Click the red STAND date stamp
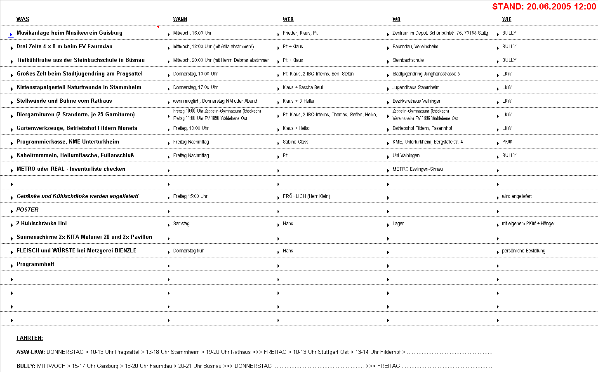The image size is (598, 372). (544, 7)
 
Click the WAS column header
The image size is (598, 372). (23, 19)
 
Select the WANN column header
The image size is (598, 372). (180, 19)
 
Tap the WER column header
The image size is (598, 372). (288, 19)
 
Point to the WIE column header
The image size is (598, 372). (507, 19)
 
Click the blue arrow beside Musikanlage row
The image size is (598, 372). (11, 35)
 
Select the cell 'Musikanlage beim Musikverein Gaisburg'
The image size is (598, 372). (69, 33)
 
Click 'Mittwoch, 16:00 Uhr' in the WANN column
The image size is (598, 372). (192, 33)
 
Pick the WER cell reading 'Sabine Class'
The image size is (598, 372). (295, 142)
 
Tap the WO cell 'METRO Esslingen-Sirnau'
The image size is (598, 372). (417, 169)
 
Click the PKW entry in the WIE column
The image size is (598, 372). (507, 142)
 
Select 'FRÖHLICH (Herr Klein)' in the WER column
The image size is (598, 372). (306, 196)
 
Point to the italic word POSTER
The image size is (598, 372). (27, 210)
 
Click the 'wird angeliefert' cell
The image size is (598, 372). (517, 196)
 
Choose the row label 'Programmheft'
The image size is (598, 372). (35, 264)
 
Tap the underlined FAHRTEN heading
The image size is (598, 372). (30, 338)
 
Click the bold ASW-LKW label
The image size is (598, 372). (31, 352)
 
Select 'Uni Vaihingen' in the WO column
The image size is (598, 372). (406, 155)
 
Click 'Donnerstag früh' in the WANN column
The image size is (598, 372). (188, 251)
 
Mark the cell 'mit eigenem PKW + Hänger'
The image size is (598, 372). (528, 224)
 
